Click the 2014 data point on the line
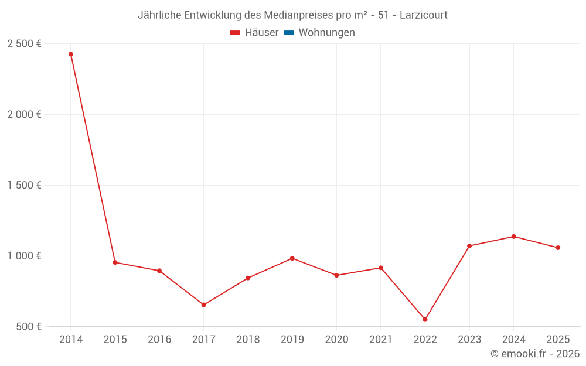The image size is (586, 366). (71, 54)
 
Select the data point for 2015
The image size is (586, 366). (115, 262)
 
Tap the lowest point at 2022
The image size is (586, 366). (425, 320)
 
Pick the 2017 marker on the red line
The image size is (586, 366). (203, 305)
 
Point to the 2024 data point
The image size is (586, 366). (513, 237)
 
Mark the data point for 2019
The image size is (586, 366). (292, 258)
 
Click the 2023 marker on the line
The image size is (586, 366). (469, 246)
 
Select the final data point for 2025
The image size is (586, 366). (558, 248)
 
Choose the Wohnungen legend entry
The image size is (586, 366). (326, 33)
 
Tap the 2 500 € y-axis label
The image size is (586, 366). (24, 44)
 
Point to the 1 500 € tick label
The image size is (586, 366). (24, 185)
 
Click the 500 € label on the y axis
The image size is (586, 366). (28, 327)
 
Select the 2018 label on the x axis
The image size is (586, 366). (248, 340)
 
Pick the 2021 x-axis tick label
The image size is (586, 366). (380, 340)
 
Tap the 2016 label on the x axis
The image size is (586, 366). (159, 340)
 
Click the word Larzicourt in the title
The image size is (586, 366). (424, 15)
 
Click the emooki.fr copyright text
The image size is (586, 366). (535, 354)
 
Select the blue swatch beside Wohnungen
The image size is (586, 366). (289, 33)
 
